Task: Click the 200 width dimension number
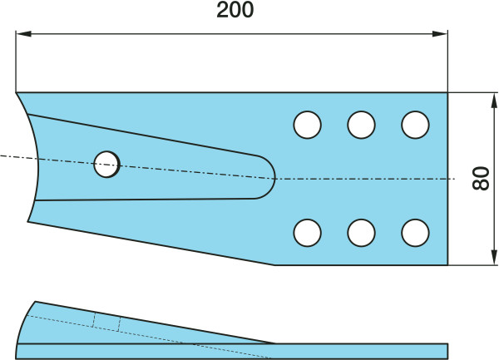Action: [235, 11]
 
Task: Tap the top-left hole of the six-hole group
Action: [307, 126]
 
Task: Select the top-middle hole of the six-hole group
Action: [361, 126]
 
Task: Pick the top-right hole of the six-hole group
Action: [415, 126]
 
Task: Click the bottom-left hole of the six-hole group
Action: [307, 232]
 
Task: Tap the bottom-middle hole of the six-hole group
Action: [361, 232]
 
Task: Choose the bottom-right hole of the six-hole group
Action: [415, 232]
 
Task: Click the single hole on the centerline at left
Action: [106, 164]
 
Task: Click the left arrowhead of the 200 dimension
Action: [22, 34]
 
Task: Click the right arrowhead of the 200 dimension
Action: [442, 34]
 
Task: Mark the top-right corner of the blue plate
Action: [447, 92]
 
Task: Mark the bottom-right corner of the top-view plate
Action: [447, 264]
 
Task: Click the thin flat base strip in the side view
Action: [233, 351]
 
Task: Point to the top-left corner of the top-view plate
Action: [17, 92]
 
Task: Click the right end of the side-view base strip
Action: [447, 351]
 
